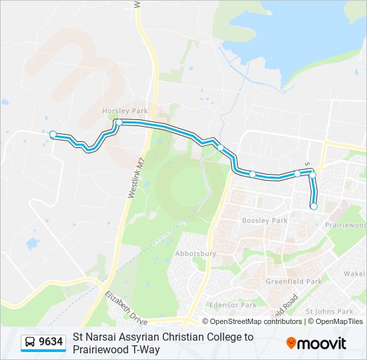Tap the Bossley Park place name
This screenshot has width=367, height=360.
click(x=264, y=220)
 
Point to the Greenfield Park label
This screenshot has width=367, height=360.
click(x=294, y=281)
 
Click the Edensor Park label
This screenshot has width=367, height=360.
click(x=234, y=305)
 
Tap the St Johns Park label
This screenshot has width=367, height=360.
click(x=329, y=311)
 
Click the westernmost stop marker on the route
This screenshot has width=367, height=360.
click(x=53, y=135)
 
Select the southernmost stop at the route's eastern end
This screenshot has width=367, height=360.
click(x=314, y=206)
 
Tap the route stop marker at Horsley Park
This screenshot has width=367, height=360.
click(x=118, y=122)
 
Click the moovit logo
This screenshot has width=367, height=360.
click(x=316, y=343)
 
